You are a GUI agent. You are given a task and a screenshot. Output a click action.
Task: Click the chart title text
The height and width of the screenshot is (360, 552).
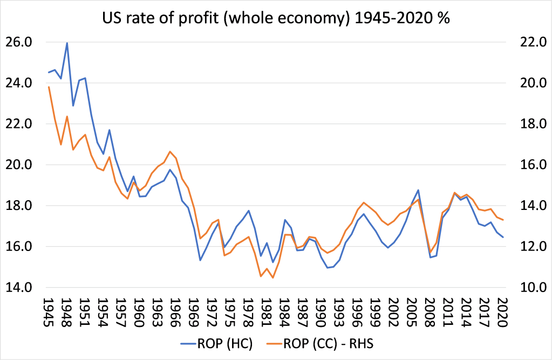[x=276, y=18]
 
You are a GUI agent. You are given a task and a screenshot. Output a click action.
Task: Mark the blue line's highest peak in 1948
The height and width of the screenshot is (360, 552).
[x=67, y=43]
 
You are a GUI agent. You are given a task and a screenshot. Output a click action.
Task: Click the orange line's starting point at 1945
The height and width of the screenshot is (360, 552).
[x=49, y=87]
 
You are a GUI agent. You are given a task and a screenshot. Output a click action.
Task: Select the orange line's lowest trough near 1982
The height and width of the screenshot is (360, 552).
[x=273, y=278]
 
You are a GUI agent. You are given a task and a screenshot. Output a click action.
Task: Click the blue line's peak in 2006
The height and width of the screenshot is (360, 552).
[x=418, y=190]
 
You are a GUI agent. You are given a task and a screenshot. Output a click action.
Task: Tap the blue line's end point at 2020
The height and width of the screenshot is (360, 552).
[x=503, y=237]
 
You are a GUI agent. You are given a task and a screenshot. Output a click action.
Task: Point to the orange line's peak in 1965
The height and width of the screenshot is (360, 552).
[x=170, y=151]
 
